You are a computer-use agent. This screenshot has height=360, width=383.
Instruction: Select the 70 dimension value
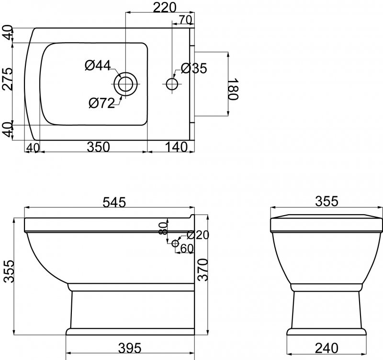pos(185,19)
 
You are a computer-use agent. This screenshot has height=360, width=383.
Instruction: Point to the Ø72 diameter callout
pos(101,102)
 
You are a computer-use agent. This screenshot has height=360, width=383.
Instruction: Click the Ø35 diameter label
pos(194,69)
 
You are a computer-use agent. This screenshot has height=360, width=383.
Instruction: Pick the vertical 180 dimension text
pos(233,89)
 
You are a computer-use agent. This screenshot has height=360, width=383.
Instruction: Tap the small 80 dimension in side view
pos(163,228)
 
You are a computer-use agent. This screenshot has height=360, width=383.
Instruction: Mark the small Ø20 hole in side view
pos(175,244)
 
